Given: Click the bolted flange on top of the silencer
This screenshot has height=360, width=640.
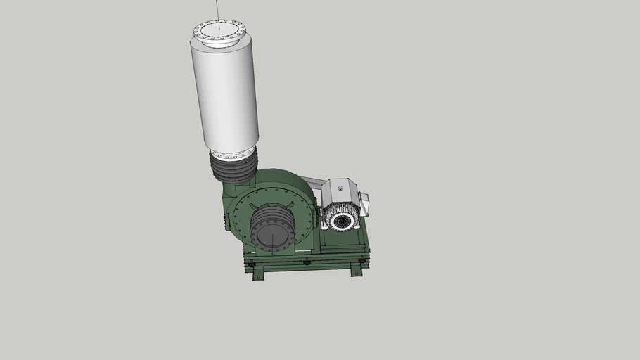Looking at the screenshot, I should pos(219,32).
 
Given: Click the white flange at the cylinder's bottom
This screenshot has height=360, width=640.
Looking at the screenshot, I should pos(232,153).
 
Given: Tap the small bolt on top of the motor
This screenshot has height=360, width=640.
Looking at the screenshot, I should pos(340,187).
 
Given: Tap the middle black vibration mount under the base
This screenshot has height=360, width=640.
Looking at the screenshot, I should pos(307,263).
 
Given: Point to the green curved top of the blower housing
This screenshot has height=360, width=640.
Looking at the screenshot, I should pos(281,178).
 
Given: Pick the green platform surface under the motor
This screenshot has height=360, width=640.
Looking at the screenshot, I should pos(345,240).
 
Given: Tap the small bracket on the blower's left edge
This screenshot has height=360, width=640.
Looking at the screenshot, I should pos(224,222).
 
